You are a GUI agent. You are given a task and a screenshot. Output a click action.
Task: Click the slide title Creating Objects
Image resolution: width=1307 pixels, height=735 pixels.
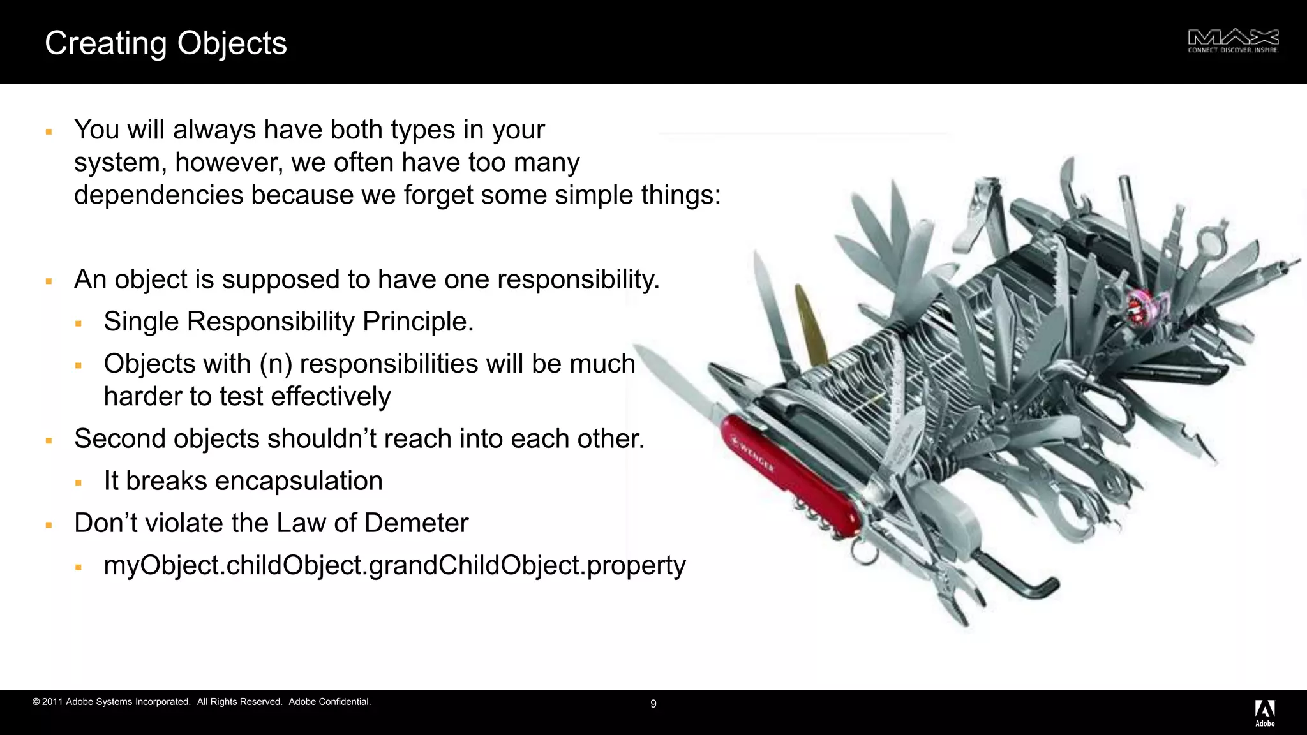click(x=166, y=43)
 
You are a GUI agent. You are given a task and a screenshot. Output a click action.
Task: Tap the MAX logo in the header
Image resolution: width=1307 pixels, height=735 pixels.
click(x=1233, y=41)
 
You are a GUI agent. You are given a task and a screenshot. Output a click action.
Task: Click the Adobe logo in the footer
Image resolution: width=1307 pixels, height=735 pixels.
click(x=1265, y=713)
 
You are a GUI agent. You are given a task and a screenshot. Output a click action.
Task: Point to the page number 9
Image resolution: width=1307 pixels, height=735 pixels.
click(x=653, y=704)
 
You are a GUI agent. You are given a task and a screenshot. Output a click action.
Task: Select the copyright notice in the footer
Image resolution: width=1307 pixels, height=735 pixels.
click(x=202, y=702)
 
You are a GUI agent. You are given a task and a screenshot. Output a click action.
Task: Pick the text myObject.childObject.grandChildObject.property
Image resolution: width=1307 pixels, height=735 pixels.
click(x=394, y=565)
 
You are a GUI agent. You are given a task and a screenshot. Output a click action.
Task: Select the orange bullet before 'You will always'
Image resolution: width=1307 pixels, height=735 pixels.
click(x=49, y=131)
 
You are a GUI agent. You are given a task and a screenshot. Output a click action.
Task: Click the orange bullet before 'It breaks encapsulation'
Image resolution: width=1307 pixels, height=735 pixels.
click(x=78, y=482)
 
